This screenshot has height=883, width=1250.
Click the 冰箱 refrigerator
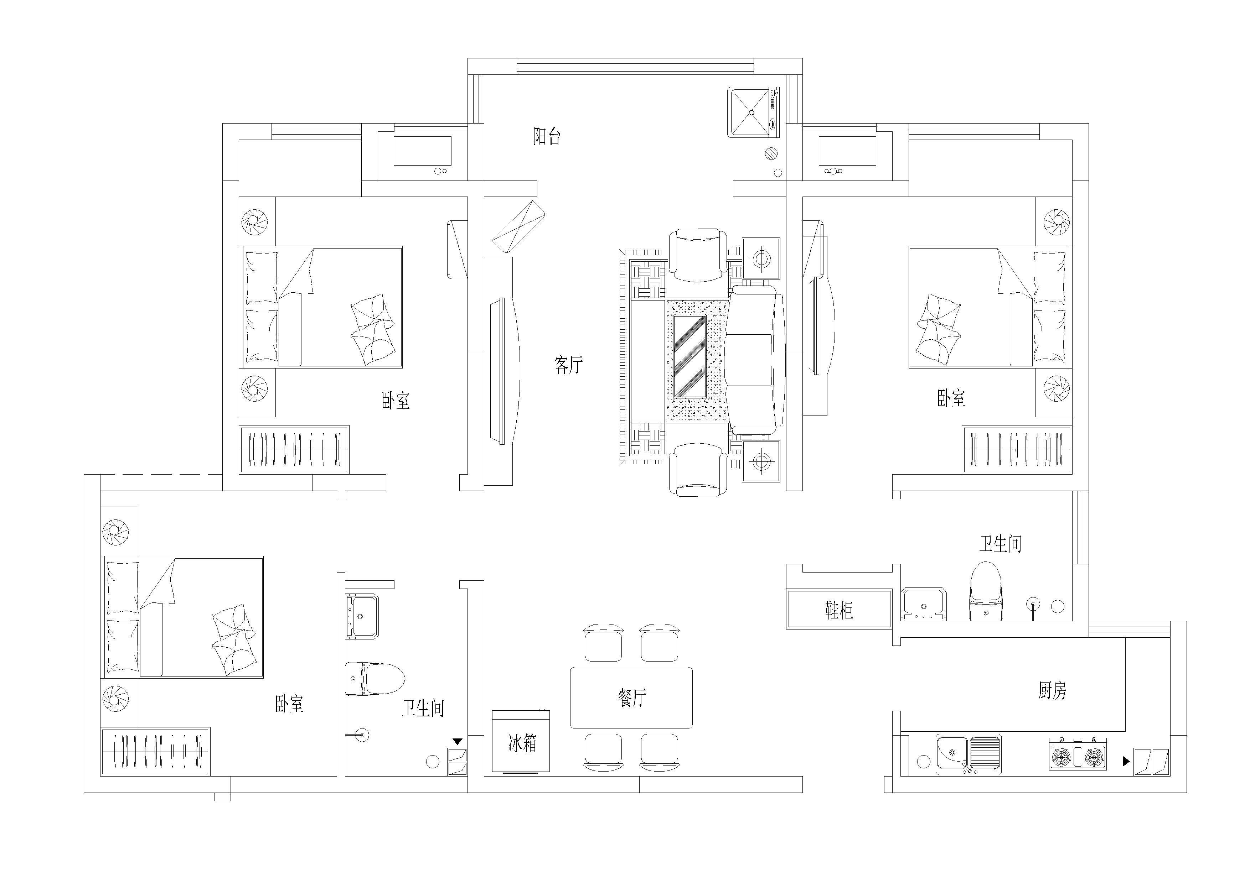pos(521,741)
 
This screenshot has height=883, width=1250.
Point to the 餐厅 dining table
pos(631,697)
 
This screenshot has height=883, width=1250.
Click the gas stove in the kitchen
pos(1078,753)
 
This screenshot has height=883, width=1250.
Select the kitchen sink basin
pos(969,754)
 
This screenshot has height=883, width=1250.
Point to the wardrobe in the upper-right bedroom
pos(1017,449)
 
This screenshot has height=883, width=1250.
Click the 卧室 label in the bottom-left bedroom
pos(289,704)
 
